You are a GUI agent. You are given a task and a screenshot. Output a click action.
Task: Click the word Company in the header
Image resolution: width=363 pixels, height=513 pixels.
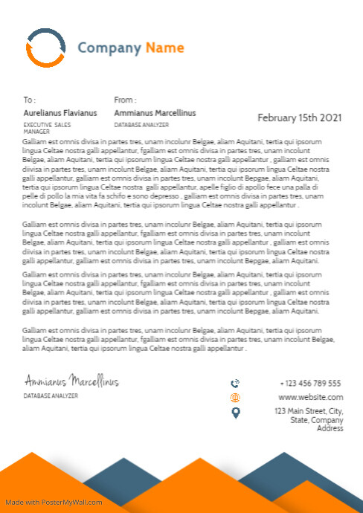[x=109, y=48]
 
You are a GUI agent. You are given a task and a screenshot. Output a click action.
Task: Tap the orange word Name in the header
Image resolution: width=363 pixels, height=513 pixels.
[x=164, y=48]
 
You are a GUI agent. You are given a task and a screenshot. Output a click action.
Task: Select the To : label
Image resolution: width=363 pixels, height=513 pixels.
[x=30, y=100]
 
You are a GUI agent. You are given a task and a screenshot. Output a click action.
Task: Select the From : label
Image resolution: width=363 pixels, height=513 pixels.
[x=125, y=100]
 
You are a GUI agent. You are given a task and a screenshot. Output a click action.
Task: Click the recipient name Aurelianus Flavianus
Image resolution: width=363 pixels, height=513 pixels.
[x=60, y=113]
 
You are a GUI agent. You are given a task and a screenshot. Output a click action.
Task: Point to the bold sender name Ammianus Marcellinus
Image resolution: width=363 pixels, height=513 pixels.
[x=155, y=113]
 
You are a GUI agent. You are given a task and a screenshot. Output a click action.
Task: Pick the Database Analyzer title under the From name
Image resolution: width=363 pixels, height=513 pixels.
[x=141, y=125]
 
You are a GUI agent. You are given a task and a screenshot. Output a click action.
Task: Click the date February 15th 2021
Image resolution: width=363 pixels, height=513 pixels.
[x=300, y=117]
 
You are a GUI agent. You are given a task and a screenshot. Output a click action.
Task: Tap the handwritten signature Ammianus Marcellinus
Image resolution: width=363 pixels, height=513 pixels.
[x=71, y=381]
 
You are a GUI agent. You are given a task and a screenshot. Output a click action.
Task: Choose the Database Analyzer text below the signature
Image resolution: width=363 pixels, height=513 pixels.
[x=51, y=396]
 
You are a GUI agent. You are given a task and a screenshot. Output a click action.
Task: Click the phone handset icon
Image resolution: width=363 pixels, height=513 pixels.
[x=236, y=384]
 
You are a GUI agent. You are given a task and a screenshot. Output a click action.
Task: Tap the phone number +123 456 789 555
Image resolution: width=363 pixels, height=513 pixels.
[x=310, y=384]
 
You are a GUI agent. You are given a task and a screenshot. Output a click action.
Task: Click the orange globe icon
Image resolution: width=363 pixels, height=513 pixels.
[x=236, y=398]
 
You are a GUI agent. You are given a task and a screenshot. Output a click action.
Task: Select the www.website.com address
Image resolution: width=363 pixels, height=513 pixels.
[x=310, y=397]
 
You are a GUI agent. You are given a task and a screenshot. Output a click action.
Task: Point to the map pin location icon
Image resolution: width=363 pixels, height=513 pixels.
[x=236, y=413]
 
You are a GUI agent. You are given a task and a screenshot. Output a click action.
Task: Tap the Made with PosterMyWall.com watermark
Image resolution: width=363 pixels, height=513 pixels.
[x=54, y=503]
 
